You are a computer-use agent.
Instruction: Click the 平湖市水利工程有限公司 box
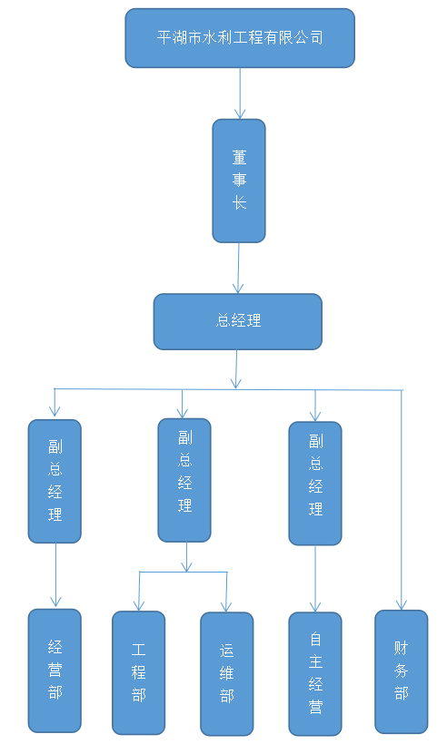240,38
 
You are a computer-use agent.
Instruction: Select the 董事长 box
239,181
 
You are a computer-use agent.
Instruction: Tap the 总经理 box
237,321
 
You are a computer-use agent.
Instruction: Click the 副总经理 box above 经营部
55,481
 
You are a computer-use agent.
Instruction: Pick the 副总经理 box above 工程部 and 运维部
184,480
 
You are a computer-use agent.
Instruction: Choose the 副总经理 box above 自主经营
315,483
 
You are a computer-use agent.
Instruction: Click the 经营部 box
55,671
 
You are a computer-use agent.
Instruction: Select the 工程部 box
139,673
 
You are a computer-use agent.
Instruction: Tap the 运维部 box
226,674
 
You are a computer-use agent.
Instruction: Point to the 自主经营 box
315,674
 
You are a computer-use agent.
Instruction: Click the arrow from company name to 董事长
240,93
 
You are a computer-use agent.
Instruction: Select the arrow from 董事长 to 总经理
238,268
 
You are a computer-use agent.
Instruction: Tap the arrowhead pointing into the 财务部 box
402,604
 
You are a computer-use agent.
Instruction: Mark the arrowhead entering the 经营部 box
55,602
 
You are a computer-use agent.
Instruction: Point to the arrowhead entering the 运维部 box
226,606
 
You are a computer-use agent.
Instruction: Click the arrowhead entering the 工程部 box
139,605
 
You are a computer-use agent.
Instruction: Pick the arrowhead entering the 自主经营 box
315,606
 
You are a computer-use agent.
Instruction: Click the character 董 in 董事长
240,157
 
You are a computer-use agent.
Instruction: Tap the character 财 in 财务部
402,648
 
